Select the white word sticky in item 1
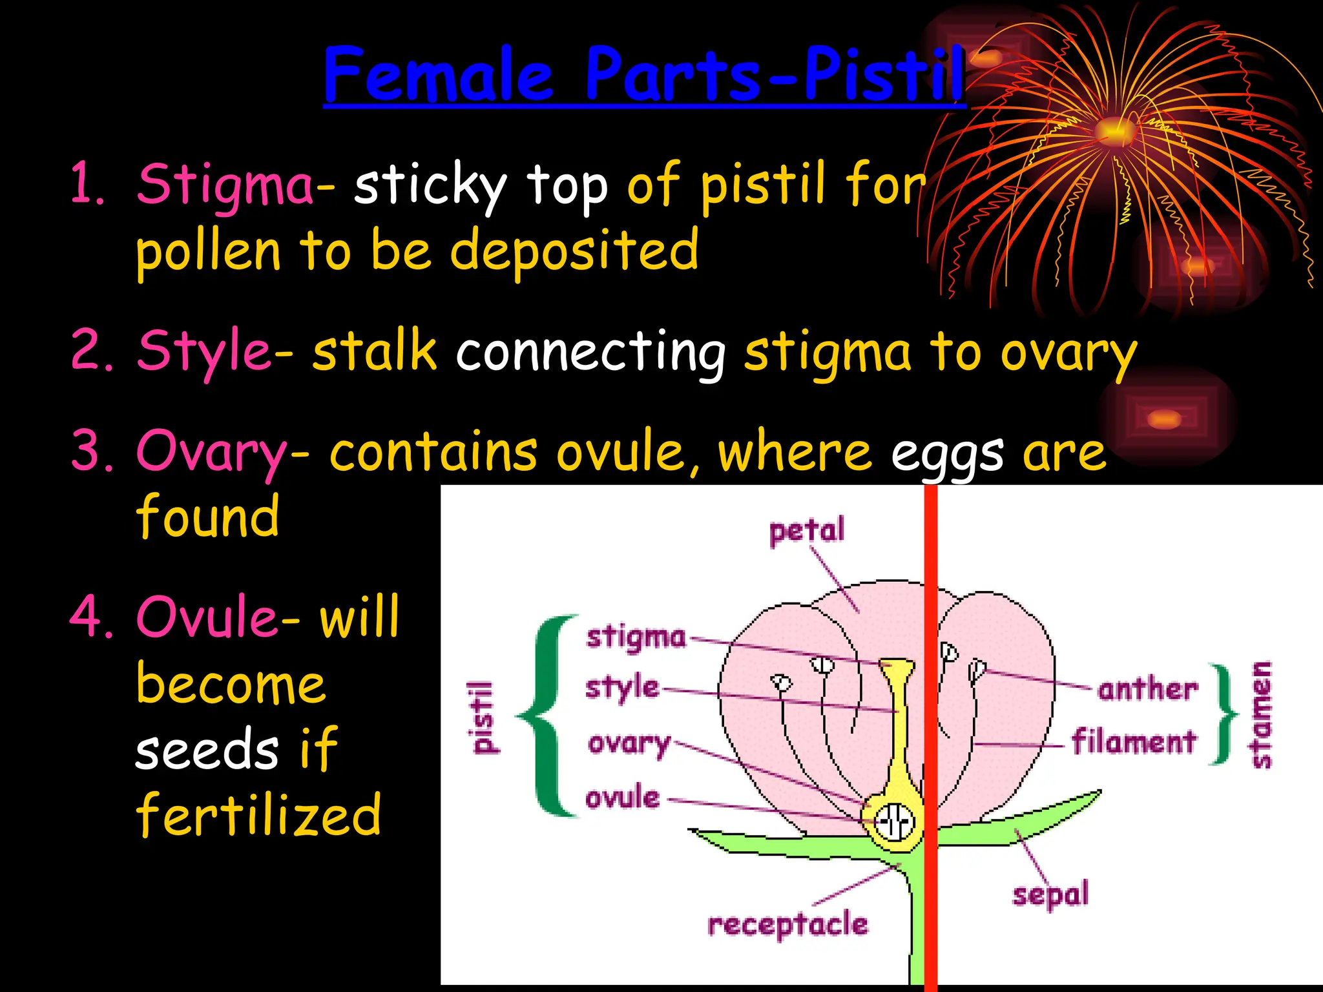click(x=430, y=186)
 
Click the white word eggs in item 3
click(x=947, y=454)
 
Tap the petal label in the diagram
click(x=806, y=531)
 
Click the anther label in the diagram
click(x=1147, y=690)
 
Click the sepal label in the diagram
click(x=1050, y=895)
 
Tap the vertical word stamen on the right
click(x=1261, y=715)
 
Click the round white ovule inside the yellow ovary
click(x=894, y=822)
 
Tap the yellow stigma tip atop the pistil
click(x=897, y=664)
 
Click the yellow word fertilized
click(x=258, y=815)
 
